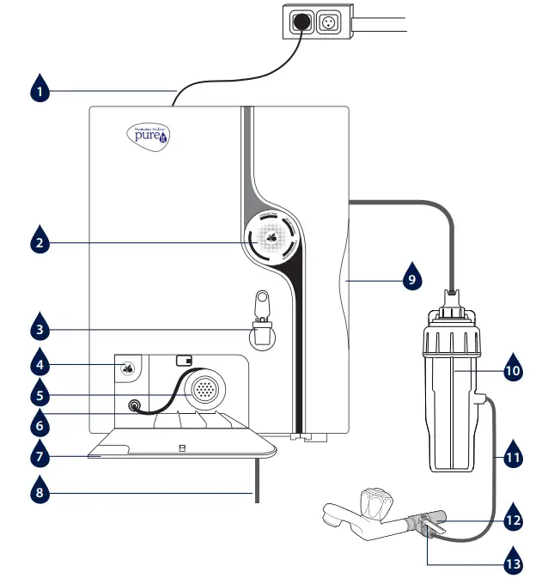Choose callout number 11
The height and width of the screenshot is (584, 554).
(512, 458)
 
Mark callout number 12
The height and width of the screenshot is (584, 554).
(512, 520)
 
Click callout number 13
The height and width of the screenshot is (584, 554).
(512, 564)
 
